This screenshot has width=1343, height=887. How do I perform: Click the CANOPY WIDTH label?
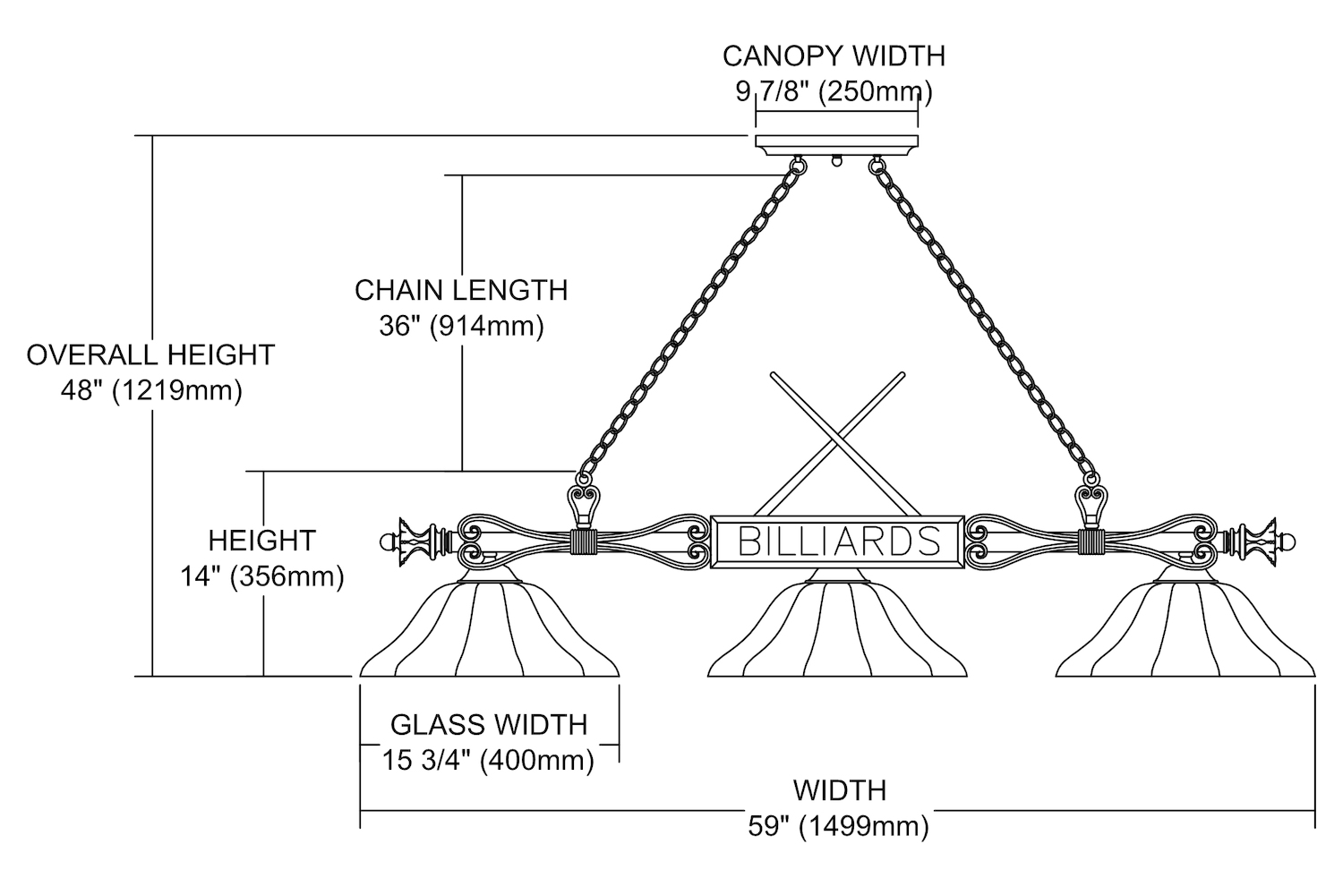[x=834, y=55]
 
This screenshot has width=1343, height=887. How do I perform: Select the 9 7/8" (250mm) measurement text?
[x=834, y=91]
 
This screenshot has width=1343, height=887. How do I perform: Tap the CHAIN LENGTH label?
[x=461, y=290]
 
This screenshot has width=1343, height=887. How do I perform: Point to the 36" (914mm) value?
[x=461, y=326]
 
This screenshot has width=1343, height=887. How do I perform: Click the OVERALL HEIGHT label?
[x=150, y=354]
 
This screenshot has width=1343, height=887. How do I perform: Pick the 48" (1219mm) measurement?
[x=150, y=391]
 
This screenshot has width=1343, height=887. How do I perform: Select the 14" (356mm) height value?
[x=262, y=576]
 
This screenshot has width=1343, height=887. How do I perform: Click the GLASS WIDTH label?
[x=489, y=723]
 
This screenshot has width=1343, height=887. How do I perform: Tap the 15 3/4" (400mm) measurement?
[x=489, y=760]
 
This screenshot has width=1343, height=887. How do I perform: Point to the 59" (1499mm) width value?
[x=838, y=825]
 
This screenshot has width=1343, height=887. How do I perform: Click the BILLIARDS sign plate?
[x=838, y=542]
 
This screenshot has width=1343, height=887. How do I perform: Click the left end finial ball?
[x=387, y=542]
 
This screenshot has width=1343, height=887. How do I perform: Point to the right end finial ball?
[x=1288, y=542]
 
